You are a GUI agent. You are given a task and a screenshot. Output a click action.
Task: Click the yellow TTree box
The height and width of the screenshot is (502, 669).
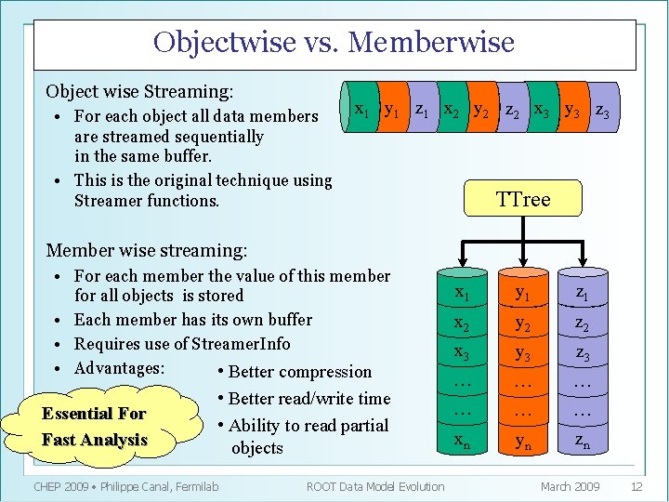click(523, 199)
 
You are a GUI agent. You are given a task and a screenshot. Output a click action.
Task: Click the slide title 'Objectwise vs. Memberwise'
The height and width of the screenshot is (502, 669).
click(334, 43)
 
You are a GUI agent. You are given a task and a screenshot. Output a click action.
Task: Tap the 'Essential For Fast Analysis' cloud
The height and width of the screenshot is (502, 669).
click(95, 427)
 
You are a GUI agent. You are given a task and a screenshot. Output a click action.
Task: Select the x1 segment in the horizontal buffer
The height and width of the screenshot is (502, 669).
click(362, 110)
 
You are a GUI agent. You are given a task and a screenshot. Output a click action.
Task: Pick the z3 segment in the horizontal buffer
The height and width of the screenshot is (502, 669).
click(602, 111)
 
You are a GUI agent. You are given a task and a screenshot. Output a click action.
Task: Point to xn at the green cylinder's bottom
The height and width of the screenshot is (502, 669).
click(462, 443)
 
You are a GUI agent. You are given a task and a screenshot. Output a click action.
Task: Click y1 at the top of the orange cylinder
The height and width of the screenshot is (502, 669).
click(522, 294)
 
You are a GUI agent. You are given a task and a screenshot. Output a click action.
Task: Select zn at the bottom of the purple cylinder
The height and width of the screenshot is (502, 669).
click(582, 443)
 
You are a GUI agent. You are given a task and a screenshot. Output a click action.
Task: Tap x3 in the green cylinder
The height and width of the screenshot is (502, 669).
click(462, 352)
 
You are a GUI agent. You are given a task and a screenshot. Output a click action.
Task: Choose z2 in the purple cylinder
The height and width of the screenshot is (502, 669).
click(582, 324)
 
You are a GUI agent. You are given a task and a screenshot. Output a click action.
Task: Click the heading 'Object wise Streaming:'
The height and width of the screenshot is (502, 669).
click(139, 91)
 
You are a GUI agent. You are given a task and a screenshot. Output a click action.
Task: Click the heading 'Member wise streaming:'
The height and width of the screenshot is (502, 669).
click(147, 249)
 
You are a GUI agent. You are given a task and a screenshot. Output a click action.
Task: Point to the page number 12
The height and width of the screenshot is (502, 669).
click(636, 486)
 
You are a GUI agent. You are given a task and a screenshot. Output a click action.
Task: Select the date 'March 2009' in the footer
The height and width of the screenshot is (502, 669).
click(571, 486)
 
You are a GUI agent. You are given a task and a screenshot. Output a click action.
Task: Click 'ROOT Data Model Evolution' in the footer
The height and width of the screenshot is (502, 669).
click(375, 486)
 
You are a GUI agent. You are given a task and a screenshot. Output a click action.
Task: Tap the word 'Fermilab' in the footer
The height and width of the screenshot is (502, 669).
click(193, 486)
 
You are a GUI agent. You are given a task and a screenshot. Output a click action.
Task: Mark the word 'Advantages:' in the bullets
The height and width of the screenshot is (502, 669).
click(119, 368)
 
